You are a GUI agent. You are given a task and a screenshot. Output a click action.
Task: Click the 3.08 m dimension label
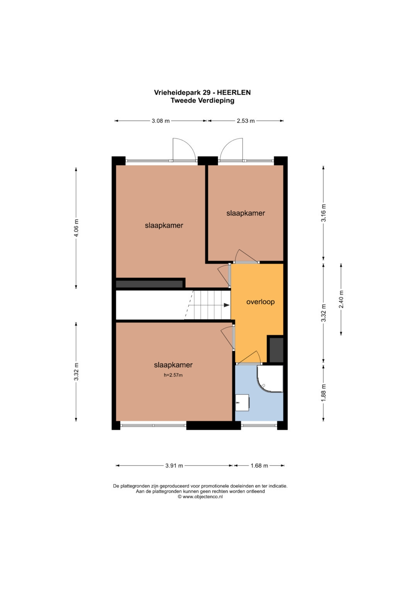pos(161,121)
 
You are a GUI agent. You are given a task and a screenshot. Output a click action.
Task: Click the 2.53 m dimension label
pos(246,121)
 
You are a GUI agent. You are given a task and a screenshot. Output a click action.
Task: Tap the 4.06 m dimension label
pos(76,228)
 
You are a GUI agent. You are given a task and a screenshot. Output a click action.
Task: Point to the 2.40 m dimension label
pos(341,299)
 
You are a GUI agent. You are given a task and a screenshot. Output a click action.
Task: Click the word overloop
pos(260,302)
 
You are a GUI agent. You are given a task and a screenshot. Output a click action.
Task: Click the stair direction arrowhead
pos(226,305)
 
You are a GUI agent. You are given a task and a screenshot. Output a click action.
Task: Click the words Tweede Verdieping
pos(202,100)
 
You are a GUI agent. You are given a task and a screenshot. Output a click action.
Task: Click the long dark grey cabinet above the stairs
pos(149,284)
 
